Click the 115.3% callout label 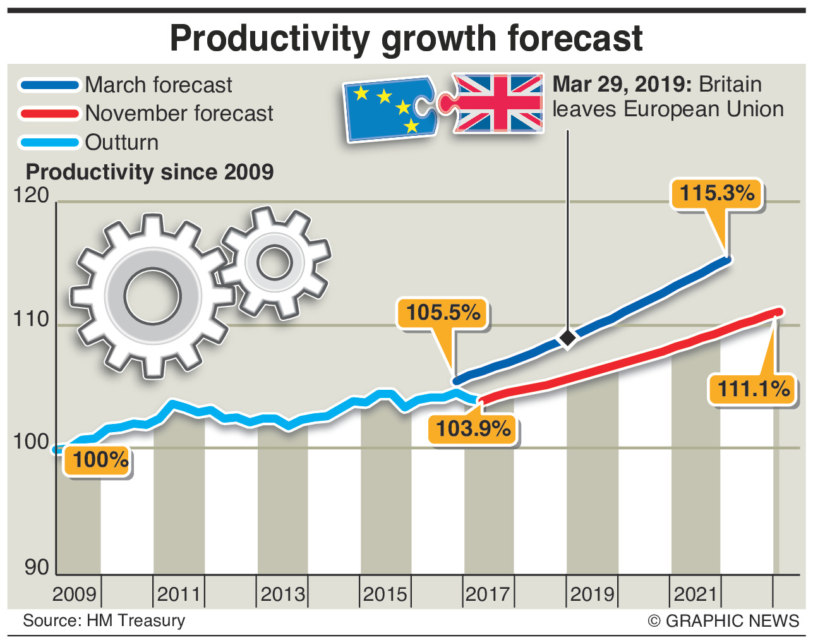(717, 192)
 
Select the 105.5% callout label (443, 312)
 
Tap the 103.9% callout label (473, 428)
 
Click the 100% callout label (100, 459)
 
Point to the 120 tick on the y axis (31, 195)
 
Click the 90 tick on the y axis (37, 567)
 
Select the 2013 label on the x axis (282, 594)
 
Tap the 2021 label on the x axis (695, 594)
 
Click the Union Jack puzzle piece (496, 102)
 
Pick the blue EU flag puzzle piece (389, 109)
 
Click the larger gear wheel (152, 296)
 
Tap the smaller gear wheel (275, 262)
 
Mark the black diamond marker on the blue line (568, 338)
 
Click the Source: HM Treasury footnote (104, 620)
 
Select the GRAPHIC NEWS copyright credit (724, 621)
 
